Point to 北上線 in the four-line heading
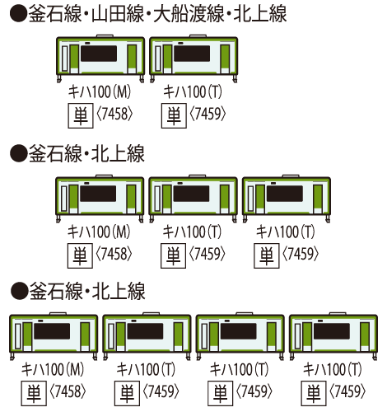coord(260,14)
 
